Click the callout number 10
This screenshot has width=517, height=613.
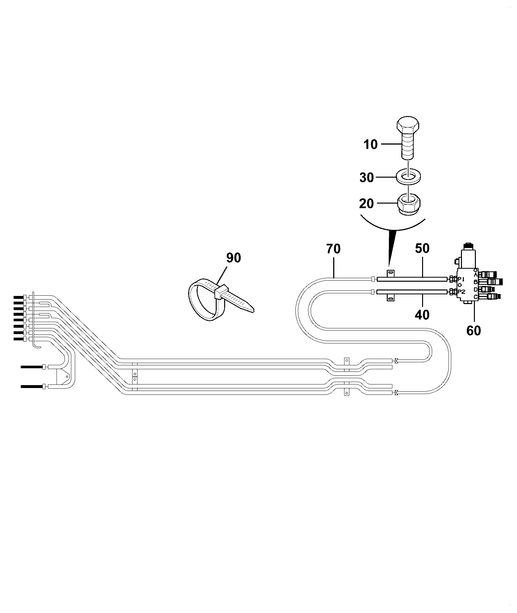point(371,144)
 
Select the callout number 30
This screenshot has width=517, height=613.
point(367,177)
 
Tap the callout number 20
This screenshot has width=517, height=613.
point(366,204)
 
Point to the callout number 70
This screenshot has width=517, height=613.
point(334,249)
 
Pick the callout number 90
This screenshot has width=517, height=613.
point(234,258)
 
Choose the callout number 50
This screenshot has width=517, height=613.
point(422,248)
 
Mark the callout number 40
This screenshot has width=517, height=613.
point(422,314)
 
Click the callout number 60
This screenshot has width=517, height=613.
point(474,330)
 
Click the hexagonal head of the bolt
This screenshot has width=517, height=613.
point(408,127)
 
